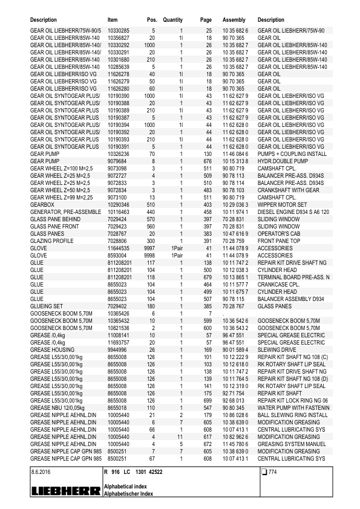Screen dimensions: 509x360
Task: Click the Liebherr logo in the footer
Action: (65, 491)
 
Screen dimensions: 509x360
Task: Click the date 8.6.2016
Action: (41, 471)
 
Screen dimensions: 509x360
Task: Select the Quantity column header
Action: (172, 20)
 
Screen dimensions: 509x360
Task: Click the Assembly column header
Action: (234, 20)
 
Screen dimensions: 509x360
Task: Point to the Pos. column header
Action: (152, 20)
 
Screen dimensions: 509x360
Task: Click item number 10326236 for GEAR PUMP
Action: (119, 154)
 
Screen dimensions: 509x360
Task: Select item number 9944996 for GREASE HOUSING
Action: (117, 349)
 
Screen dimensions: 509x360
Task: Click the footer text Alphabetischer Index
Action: (129, 494)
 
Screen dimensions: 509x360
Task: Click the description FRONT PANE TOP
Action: (280, 240)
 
